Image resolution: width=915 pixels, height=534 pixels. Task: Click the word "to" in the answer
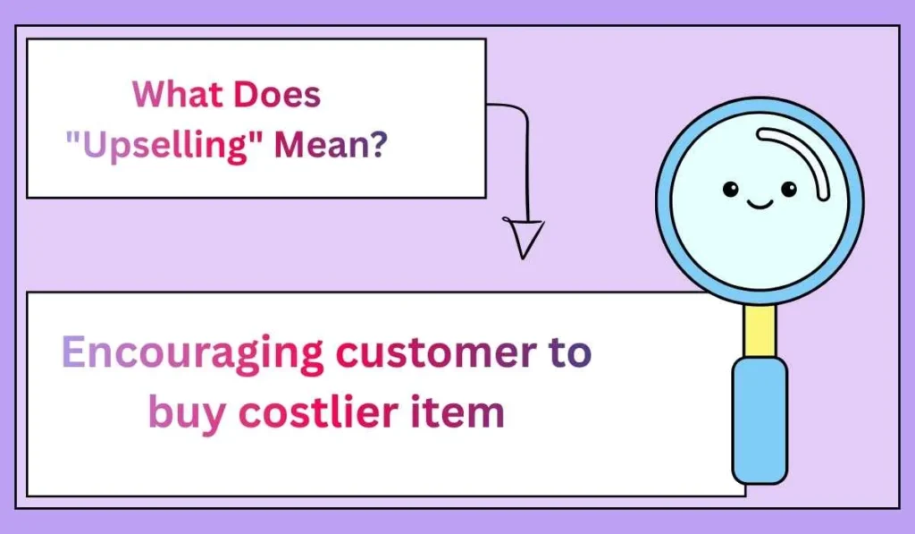[568, 353]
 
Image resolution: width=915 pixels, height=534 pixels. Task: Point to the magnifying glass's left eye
[730, 189]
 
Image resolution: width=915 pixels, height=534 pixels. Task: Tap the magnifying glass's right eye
[788, 189]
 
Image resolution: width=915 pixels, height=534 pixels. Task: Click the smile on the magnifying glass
[760, 205]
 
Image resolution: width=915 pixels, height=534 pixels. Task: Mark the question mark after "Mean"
[380, 145]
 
